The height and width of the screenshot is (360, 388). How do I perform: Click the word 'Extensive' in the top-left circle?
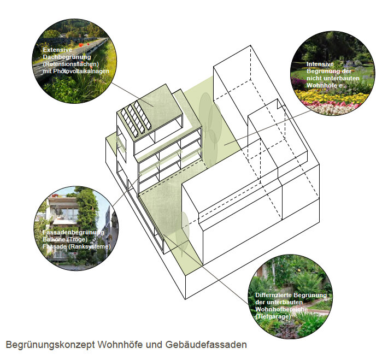(x=57, y=50)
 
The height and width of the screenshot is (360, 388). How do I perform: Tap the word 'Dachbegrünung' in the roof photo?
(x=67, y=57)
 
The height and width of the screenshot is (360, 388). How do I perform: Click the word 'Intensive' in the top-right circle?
(x=320, y=64)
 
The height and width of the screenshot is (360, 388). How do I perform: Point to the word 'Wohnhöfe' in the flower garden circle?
(x=322, y=85)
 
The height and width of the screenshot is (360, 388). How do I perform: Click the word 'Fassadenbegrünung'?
(x=73, y=233)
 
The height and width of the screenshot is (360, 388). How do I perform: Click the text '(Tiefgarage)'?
(x=273, y=316)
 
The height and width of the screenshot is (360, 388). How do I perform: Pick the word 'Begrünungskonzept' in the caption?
(x=50, y=345)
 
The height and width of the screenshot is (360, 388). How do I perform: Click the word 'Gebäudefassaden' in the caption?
(x=206, y=344)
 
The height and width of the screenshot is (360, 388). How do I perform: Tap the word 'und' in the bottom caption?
(x=155, y=344)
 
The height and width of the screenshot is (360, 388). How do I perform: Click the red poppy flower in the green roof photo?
(x=81, y=45)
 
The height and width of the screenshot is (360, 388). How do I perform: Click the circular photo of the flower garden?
(x=332, y=73)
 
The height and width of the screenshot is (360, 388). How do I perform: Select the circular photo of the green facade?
(x=76, y=228)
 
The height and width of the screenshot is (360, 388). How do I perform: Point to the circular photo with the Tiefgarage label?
(x=290, y=297)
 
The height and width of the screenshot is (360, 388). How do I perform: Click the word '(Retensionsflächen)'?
(x=71, y=64)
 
